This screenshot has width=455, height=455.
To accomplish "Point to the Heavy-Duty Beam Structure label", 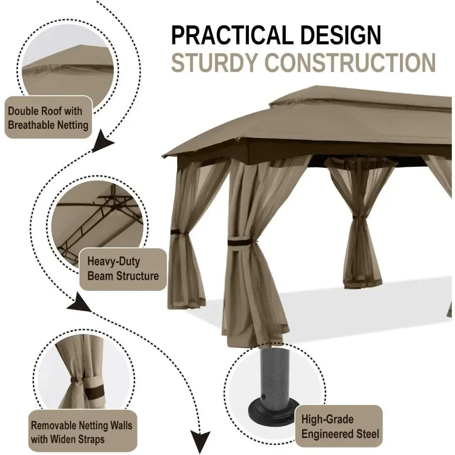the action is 123,269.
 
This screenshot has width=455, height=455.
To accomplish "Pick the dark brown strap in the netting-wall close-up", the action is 93,393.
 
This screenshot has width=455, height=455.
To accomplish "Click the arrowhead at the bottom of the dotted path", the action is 200,440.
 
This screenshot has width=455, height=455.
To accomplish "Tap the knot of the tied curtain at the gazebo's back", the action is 357,217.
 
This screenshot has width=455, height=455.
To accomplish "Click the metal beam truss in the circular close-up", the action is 96,221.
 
